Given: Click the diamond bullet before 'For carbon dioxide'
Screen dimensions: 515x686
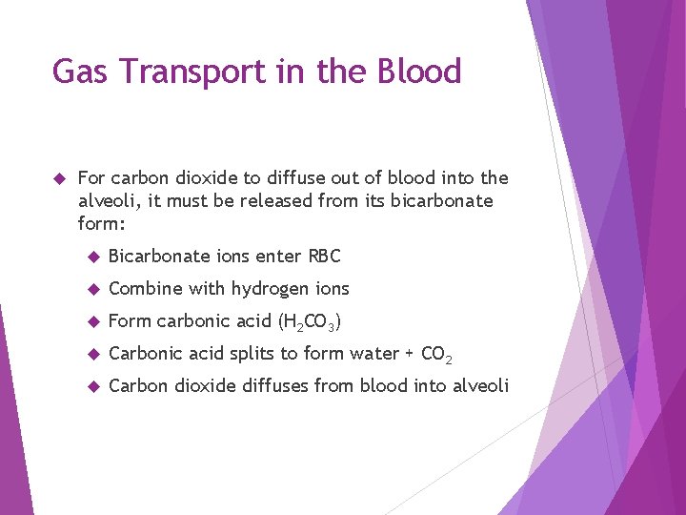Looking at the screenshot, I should [x=58, y=178].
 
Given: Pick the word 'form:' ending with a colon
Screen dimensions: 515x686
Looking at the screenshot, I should [x=102, y=224].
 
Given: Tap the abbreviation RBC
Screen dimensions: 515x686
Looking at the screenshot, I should [x=324, y=256].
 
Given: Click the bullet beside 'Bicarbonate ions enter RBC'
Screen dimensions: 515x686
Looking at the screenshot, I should [x=92, y=257].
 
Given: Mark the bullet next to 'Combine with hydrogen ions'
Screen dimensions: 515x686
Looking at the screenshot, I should [x=92, y=289].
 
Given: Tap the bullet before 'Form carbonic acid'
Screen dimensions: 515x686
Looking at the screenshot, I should [x=92, y=321].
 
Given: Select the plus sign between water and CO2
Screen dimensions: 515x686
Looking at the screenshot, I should [x=410, y=354].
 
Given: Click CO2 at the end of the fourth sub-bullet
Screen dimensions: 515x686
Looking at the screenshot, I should [x=435, y=355].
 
